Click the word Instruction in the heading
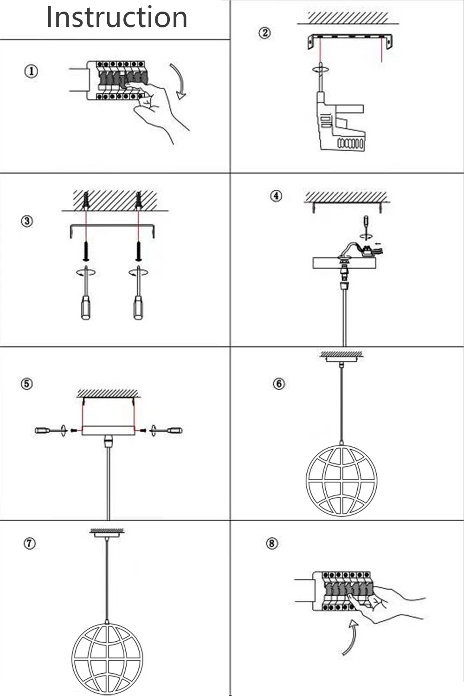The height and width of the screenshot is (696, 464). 117,18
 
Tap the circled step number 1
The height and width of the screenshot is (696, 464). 31,71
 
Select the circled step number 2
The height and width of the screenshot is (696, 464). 264,33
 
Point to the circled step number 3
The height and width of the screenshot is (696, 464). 27,221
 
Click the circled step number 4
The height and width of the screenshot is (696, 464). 276,196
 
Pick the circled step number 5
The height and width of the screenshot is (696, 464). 27,384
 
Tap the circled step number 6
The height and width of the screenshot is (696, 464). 279,384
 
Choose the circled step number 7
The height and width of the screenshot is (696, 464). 29,543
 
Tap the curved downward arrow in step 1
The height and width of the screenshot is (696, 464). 179,81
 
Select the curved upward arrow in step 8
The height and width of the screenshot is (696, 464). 350,639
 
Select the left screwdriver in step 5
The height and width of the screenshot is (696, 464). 49,431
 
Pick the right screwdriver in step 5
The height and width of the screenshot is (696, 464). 168,431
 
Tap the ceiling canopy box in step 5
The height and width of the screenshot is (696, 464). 108,430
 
